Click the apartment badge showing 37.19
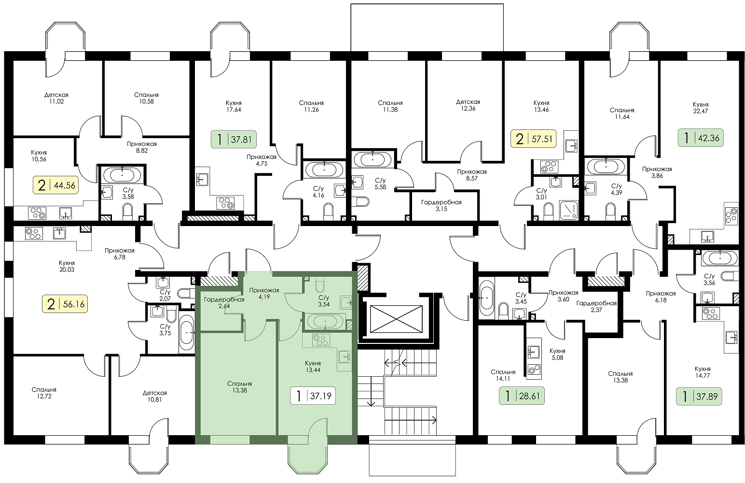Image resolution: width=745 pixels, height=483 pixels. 313,396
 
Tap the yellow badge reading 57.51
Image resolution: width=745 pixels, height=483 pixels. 534,139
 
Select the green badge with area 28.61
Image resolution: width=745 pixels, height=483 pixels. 522,396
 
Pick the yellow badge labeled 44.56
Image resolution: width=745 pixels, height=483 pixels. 56,185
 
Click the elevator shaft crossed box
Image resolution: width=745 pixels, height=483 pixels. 396,319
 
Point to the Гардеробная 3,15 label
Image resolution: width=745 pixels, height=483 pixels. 441,205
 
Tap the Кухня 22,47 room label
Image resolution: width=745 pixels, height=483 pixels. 701,108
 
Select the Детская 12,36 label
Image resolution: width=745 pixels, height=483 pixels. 468,105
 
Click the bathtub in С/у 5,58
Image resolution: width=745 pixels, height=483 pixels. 372,159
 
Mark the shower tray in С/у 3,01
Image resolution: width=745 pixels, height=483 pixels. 568,210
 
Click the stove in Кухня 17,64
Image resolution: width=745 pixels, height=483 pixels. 225,203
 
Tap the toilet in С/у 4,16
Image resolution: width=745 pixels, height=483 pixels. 328,212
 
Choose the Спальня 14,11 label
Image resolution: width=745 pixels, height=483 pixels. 503,375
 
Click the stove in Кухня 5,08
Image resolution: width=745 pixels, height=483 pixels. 534,370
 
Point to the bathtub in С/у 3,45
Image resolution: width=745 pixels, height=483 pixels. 486,298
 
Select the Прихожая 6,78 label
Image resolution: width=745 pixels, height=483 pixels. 119,253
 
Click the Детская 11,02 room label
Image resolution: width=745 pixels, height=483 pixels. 56,98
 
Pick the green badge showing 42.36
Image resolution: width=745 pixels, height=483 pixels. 701,138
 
